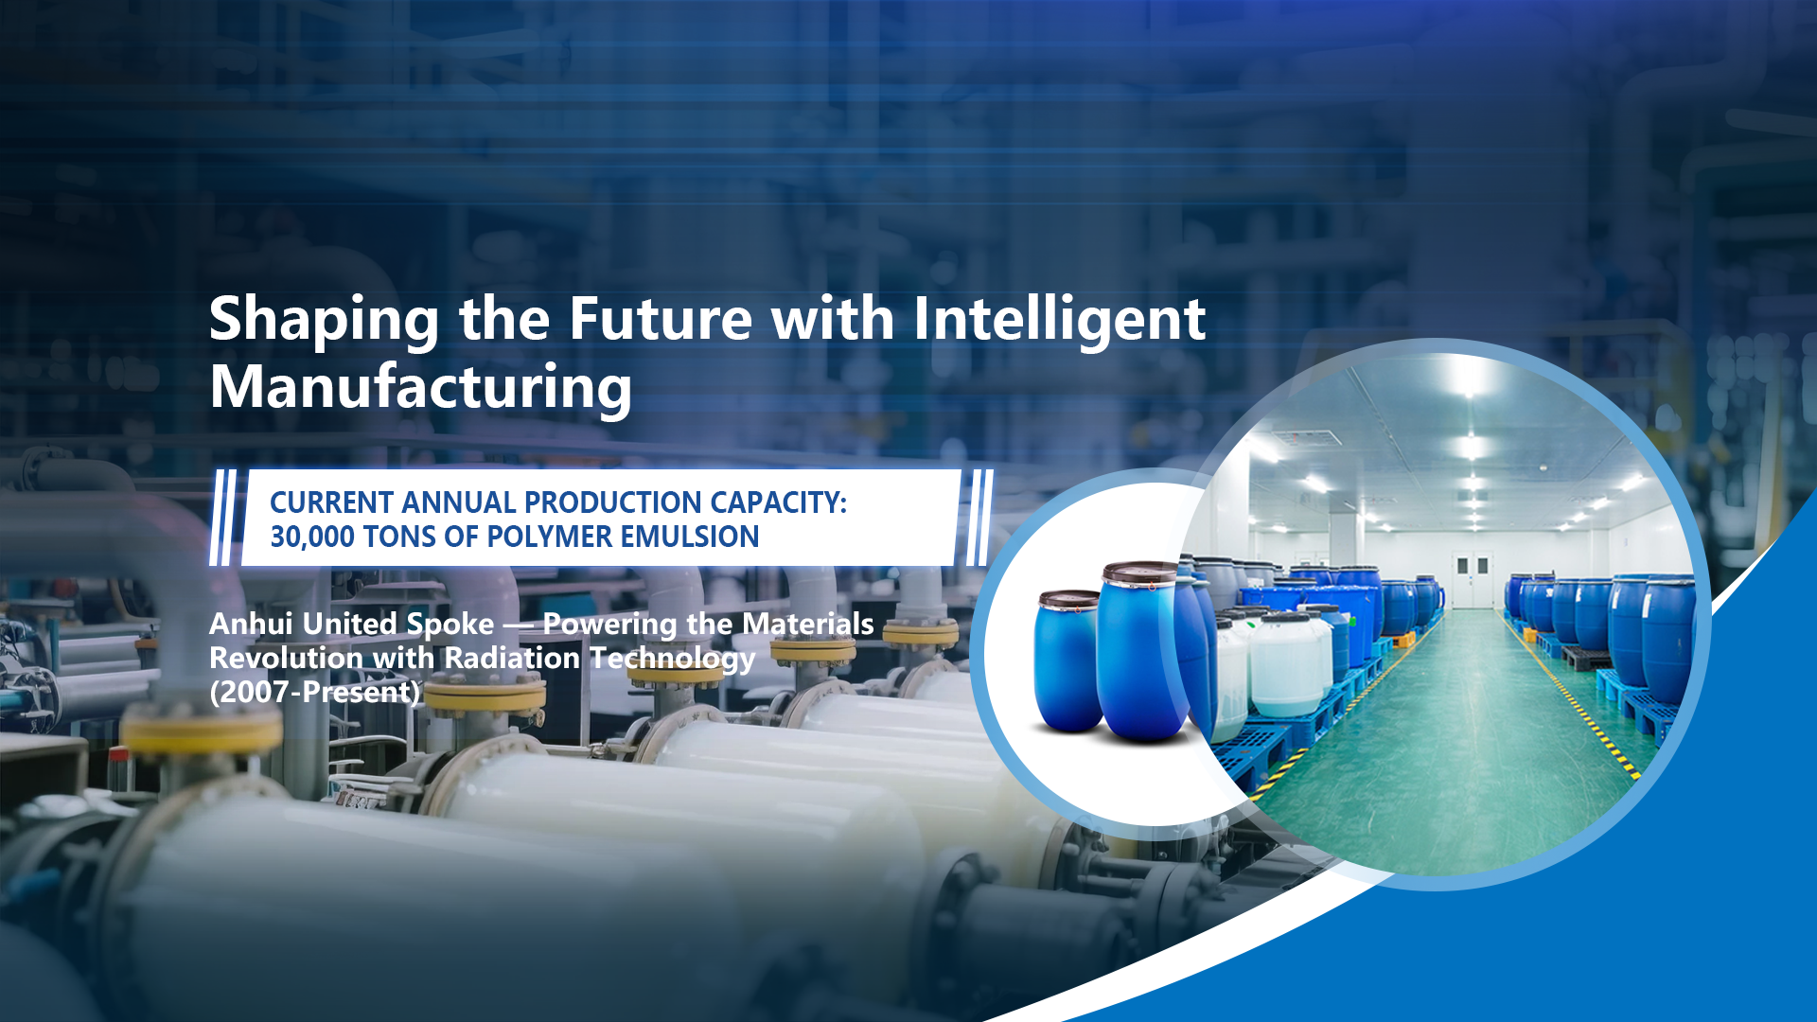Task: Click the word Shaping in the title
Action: (x=324, y=321)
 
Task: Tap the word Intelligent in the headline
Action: (x=1059, y=321)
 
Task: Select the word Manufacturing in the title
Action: (x=420, y=388)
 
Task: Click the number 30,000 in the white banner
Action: (x=312, y=537)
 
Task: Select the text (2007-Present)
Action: (x=314, y=692)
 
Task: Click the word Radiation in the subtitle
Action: (x=512, y=658)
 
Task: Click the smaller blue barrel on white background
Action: (x=1068, y=661)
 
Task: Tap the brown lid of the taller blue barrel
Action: (x=1140, y=572)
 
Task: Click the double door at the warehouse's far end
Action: (x=1472, y=579)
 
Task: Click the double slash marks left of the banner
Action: (x=223, y=518)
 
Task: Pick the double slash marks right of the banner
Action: (x=980, y=518)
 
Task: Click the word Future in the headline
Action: (x=661, y=319)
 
